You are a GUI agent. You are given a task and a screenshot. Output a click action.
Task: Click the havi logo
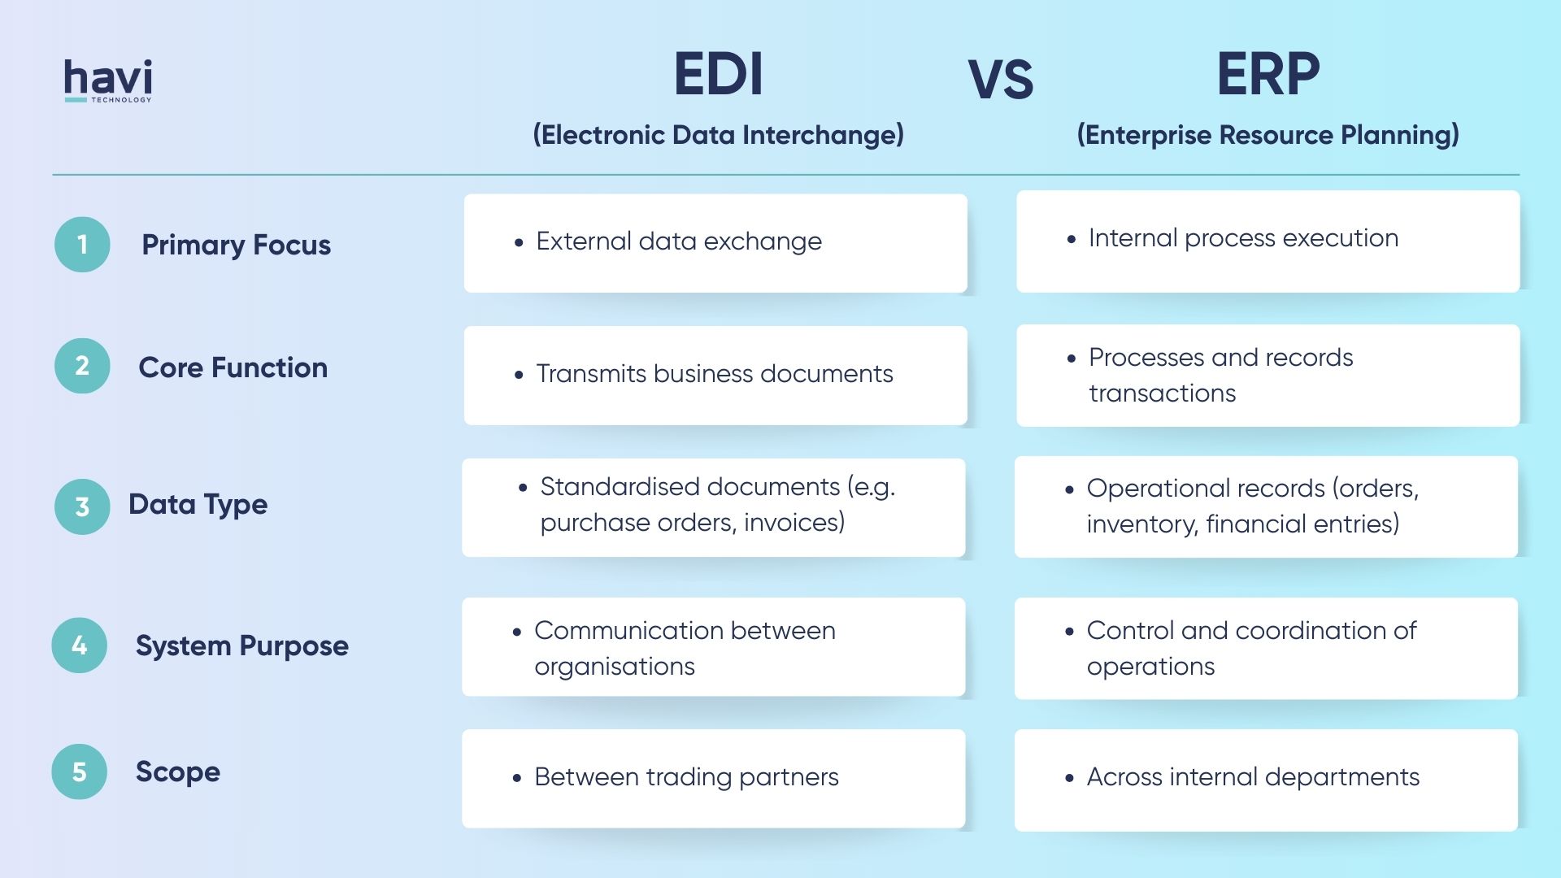pyautogui.click(x=108, y=80)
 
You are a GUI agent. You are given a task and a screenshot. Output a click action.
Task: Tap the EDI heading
pyautogui.click(x=718, y=75)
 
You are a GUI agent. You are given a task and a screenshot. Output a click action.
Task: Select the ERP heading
pyautogui.click(x=1267, y=75)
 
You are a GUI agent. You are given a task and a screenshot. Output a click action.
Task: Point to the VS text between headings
pyautogui.click(x=1000, y=80)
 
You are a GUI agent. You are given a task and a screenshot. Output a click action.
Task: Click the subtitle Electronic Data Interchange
pyautogui.click(x=718, y=135)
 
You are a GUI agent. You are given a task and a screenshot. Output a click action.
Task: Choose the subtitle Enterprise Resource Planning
pyautogui.click(x=1267, y=135)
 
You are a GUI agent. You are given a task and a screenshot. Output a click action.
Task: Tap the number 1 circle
pyautogui.click(x=82, y=245)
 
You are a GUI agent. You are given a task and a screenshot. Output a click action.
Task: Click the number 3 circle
pyautogui.click(x=82, y=506)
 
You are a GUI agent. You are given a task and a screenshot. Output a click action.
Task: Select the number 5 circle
pyautogui.click(x=79, y=772)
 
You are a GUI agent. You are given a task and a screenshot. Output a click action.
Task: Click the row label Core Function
pyautogui.click(x=233, y=367)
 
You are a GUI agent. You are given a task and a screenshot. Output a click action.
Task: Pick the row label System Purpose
pyautogui.click(x=241, y=645)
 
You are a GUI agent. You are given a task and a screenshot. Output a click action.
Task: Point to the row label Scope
pyautogui.click(x=177, y=772)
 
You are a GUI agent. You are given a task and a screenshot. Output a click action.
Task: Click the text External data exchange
pyautogui.click(x=678, y=241)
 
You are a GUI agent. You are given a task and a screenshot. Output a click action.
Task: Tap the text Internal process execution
pyautogui.click(x=1243, y=238)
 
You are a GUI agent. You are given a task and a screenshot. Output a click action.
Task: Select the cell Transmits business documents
pyautogui.click(x=714, y=374)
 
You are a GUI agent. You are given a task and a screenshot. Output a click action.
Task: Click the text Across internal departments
pyautogui.click(x=1252, y=777)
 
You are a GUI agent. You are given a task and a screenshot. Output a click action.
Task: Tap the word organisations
pyautogui.click(x=614, y=667)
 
